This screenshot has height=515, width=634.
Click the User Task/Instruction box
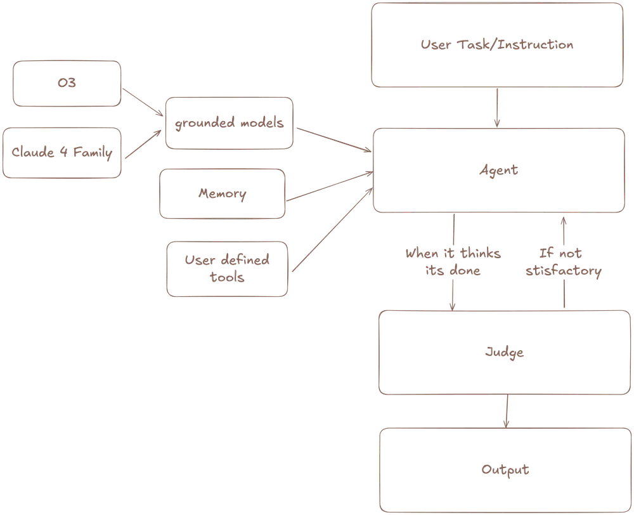(497, 44)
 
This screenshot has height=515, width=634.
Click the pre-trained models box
(229, 122)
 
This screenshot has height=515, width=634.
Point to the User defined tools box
(226, 268)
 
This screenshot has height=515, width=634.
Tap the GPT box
(67, 83)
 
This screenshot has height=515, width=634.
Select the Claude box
(61, 153)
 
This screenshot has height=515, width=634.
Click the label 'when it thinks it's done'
(453, 261)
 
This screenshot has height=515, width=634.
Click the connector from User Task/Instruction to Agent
(497, 107)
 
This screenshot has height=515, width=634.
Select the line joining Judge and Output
(505, 412)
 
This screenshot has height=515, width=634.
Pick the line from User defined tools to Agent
(331, 225)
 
